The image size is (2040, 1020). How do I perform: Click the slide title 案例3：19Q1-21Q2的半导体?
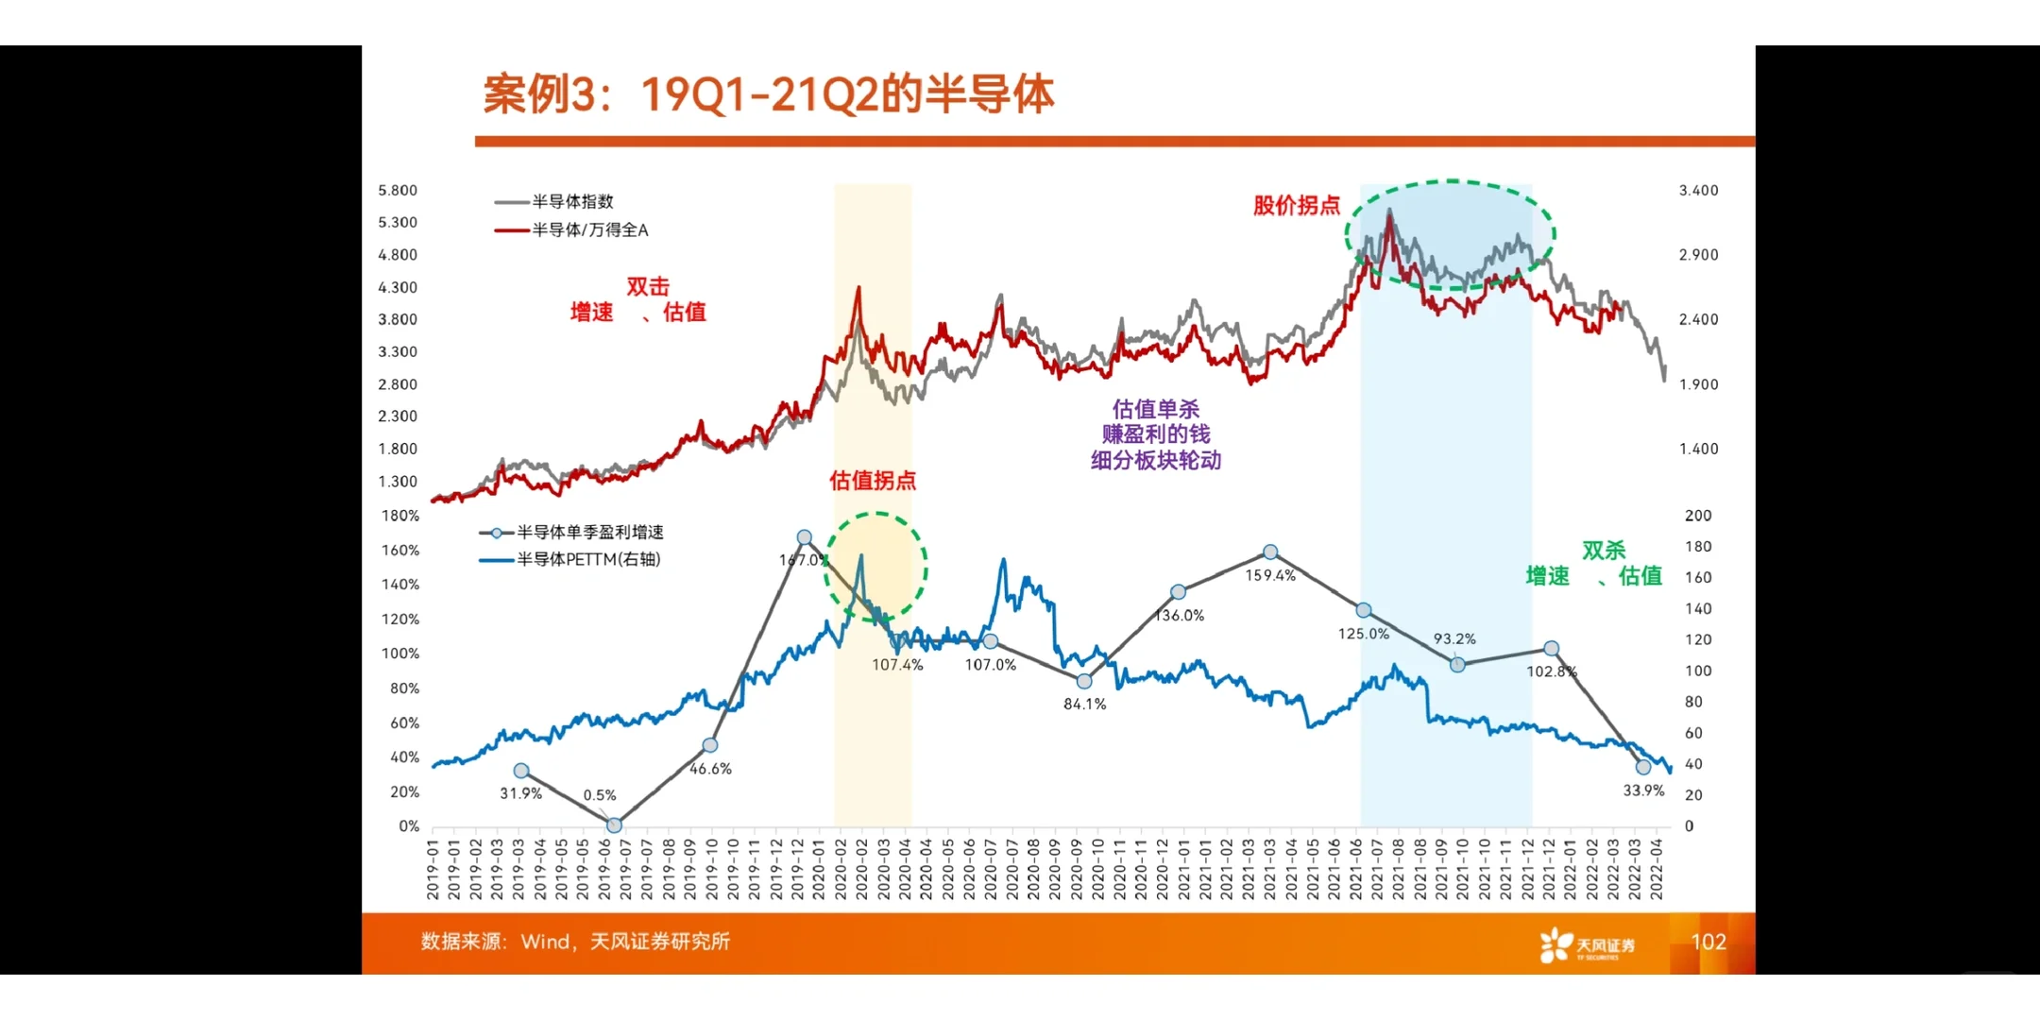(x=768, y=94)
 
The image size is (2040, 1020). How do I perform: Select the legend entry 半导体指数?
(x=571, y=201)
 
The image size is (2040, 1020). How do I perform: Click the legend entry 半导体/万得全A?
(x=589, y=229)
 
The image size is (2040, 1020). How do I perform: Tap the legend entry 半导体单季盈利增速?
(x=589, y=533)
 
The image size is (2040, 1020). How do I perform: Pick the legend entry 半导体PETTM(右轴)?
(x=587, y=559)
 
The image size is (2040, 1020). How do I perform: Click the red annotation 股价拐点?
(x=1296, y=205)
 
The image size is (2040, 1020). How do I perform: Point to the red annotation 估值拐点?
(x=872, y=480)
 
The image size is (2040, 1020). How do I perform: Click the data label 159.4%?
(x=1270, y=575)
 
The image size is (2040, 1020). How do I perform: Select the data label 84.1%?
(x=1084, y=704)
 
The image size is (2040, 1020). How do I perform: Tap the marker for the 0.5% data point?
(x=614, y=825)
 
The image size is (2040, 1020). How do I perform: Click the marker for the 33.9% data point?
(x=1643, y=767)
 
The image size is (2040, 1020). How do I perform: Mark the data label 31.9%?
(x=520, y=793)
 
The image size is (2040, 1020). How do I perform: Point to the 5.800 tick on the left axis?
(x=398, y=190)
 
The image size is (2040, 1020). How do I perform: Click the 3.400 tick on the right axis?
(x=1698, y=190)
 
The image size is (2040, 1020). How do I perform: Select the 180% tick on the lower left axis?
(x=400, y=516)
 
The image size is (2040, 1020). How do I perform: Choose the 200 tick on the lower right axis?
(x=1697, y=516)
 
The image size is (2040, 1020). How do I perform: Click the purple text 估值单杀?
(x=1155, y=409)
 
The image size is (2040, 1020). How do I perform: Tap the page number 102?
(x=1708, y=942)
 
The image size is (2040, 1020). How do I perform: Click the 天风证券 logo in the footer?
(x=1587, y=944)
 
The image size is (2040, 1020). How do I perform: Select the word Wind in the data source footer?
(x=545, y=942)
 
